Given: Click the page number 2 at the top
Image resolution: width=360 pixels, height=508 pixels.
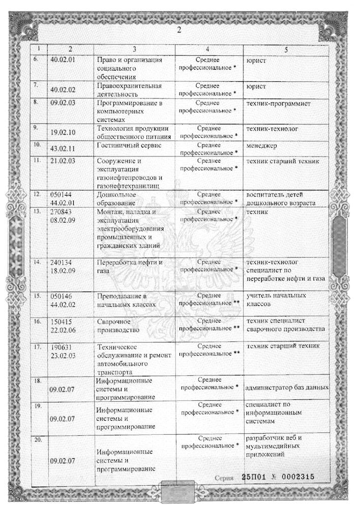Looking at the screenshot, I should pos(179,29).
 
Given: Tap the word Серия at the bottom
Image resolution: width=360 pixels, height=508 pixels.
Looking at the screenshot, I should pos(224,478).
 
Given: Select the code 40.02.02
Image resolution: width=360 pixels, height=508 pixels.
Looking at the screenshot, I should pos(63,90).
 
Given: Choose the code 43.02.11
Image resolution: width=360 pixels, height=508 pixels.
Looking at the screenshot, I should pos(63,145).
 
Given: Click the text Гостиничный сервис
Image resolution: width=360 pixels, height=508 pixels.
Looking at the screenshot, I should pos(128,145).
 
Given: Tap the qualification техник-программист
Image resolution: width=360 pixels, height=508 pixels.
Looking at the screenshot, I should pos(278,104).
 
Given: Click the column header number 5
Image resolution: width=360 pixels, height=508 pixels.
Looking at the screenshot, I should pos(286,49).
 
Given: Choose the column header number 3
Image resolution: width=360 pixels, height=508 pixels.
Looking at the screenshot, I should pos(134,49).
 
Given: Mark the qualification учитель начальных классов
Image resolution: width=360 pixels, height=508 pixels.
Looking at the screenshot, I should pos(276,300).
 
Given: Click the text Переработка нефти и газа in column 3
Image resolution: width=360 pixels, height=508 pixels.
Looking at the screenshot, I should pos(130,266).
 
